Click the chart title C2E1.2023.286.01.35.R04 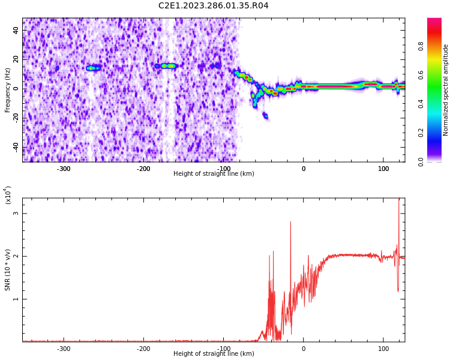click(x=214, y=6)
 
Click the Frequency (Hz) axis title click(x=8, y=90)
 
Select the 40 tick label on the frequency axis click(x=16, y=30)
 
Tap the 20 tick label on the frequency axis click(x=16, y=59)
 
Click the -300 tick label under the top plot click(x=64, y=169)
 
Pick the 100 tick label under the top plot click(x=383, y=169)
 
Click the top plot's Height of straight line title click(x=214, y=174)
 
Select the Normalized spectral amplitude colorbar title click(x=446, y=90)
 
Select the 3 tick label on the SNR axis click(x=16, y=214)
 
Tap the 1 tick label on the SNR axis click(x=16, y=299)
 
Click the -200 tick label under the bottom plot click(x=143, y=349)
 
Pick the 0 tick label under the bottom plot click(x=304, y=349)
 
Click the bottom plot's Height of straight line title click(x=214, y=354)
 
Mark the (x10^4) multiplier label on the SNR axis click(x=8, y=195)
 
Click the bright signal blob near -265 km click(x=92, y=68)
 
